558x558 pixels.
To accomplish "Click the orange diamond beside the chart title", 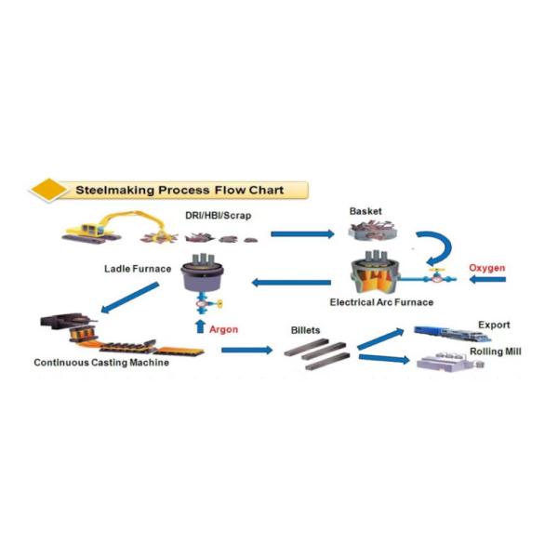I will [x=47, y=191].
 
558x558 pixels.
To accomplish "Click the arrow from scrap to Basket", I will [x=301, y=234].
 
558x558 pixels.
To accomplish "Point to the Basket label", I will [x=365, y=211].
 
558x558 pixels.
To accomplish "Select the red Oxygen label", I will [x=487, y=269].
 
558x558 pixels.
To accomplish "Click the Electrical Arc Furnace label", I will [x=381, y=302].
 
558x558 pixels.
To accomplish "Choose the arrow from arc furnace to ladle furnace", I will [x=292, y=282].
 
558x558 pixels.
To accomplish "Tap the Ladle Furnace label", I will [x=138, y=270].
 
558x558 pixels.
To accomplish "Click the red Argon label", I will [x=224, y=328].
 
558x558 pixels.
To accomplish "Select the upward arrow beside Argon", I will [x=198, y=326].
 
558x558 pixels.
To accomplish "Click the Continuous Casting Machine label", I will [x=101, y=363].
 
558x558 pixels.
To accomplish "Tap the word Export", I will [x=494, y=325].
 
